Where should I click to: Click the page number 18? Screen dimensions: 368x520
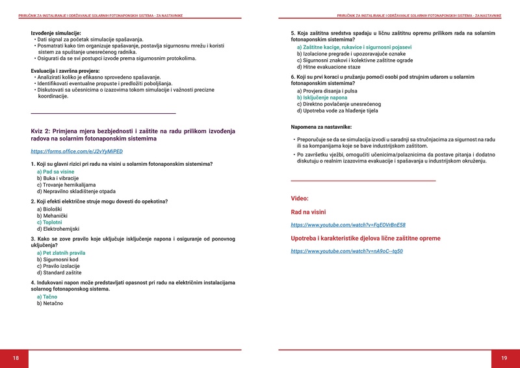(16, 358)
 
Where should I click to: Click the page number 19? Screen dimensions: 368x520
(504, 358)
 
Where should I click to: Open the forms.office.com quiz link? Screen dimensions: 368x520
(77, 151)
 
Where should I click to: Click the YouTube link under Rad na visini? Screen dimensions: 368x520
(348, 224)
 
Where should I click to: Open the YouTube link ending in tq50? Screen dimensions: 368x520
(346, 251)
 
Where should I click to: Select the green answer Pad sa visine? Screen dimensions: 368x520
(58, 171)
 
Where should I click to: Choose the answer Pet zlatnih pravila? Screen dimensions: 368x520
(64, 252)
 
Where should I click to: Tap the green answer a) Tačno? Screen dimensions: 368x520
(49, 296)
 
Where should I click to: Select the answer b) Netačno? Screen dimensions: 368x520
(50, 304)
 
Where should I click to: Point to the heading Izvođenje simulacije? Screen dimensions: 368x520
(56, 33)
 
